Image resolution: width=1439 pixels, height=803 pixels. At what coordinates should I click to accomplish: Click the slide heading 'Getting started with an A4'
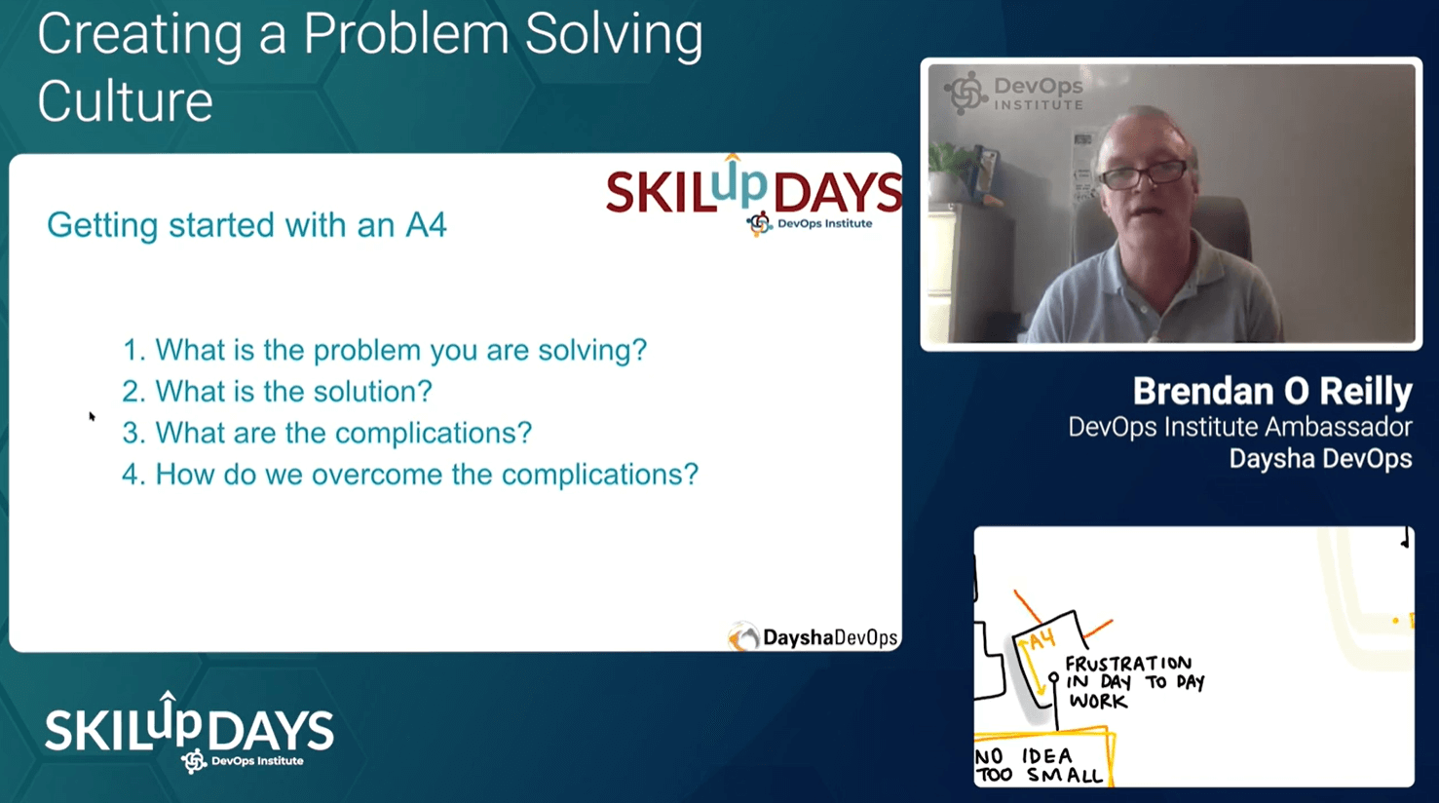click(246, 225)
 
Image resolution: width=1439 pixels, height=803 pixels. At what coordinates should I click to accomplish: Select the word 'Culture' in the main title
click(126, 100)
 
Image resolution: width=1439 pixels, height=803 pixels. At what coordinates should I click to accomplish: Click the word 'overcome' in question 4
click(376, 475)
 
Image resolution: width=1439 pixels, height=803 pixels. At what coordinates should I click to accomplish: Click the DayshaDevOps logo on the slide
click(813, 636)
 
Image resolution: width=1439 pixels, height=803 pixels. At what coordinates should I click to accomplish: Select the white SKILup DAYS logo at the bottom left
click(190, 732)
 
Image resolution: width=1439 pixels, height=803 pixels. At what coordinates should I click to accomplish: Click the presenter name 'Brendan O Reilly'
click(1272, 391)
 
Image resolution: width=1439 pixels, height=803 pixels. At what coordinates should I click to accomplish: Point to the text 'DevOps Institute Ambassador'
click(1240, 427)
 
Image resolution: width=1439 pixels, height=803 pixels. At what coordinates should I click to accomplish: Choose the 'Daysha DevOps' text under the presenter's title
click(1320, 459)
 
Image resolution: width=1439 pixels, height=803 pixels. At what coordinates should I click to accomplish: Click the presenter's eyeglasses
click(1145, 173)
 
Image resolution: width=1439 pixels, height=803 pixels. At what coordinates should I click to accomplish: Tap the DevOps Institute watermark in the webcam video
click(1013, 94)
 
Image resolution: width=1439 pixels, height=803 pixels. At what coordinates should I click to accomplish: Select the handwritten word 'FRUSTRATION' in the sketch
click(1129, 664)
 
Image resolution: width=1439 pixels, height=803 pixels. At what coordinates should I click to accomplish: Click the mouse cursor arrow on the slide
click(92, 416)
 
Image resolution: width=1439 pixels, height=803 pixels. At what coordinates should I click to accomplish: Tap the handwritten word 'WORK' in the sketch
click(1098, 701)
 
